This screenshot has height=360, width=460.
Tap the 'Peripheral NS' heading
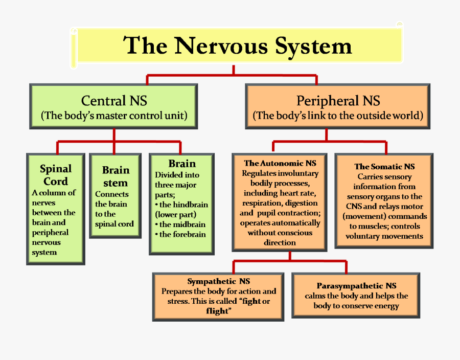tap(338, 100)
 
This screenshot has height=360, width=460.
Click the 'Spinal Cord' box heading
tap(56, 175)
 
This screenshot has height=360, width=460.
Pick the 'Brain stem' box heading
tap(115, 176)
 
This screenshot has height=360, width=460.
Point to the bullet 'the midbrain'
tap(182, 224)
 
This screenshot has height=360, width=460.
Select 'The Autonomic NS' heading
tap(280, 164)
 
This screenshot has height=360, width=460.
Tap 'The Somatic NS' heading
tap(384, 167)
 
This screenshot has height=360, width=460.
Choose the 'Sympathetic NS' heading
tap(218, 281)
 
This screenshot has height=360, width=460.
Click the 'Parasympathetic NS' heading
tap(356, 286)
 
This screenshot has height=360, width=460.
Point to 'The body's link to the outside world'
tap(338, 116)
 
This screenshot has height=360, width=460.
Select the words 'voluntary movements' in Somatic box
tap(384, 236)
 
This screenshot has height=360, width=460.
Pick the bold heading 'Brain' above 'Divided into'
tap(182, 164)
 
